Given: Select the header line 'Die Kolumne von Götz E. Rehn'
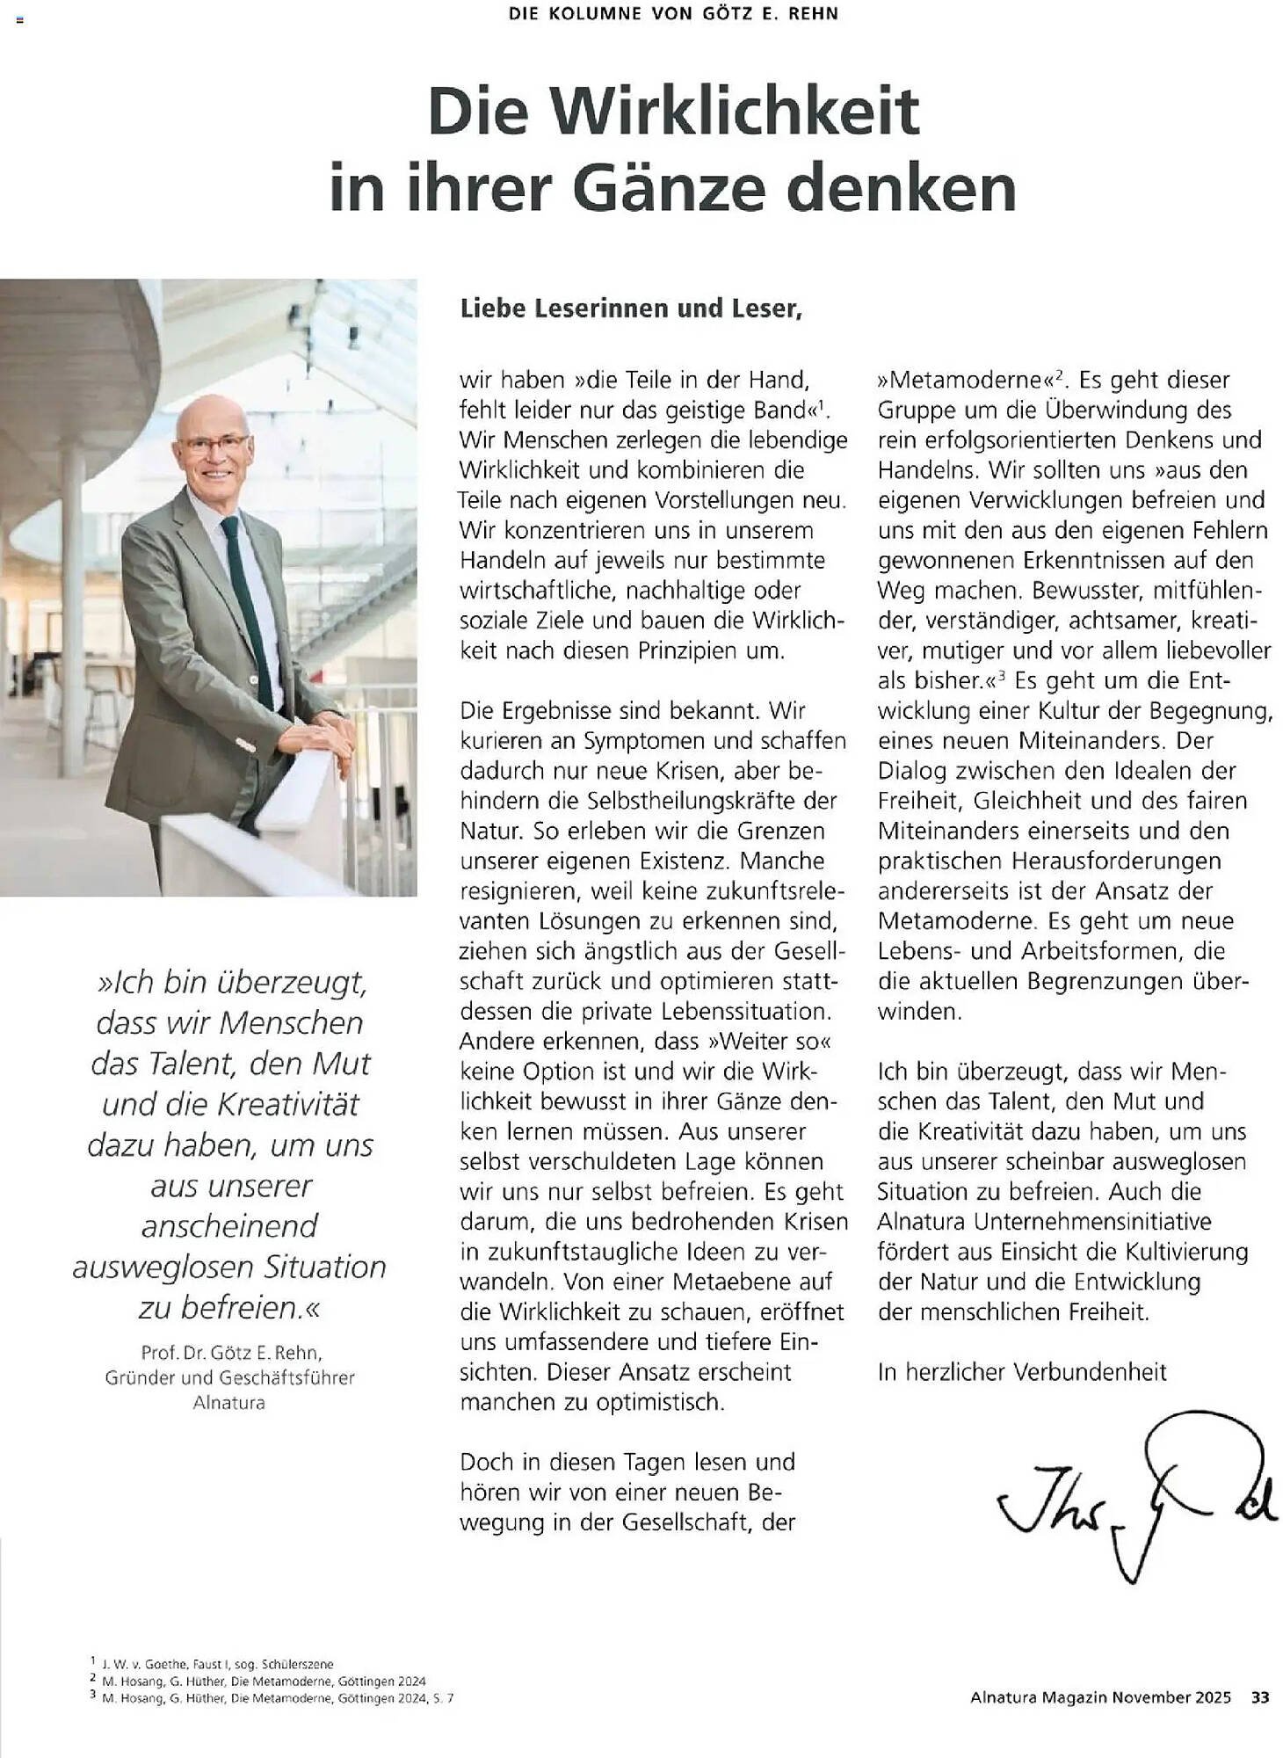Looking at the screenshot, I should pos(673,14).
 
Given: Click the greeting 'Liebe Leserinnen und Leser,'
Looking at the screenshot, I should pos(630,309).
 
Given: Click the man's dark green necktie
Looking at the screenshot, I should pos(246,598).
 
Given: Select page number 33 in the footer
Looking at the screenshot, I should pos(1259,1697).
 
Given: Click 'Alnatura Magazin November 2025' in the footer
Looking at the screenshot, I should pos(1100,1697).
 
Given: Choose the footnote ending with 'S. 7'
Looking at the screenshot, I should pos(272,1698).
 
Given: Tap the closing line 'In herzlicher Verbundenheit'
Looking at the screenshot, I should pos(1022,1372).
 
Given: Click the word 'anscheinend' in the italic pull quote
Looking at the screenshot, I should pos(229,1226).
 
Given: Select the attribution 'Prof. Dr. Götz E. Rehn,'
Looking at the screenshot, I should pos(231,1352).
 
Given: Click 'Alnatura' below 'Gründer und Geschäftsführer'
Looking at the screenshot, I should pos(228,1403).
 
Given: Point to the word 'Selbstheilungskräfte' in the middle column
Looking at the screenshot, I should pos(685,801).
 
